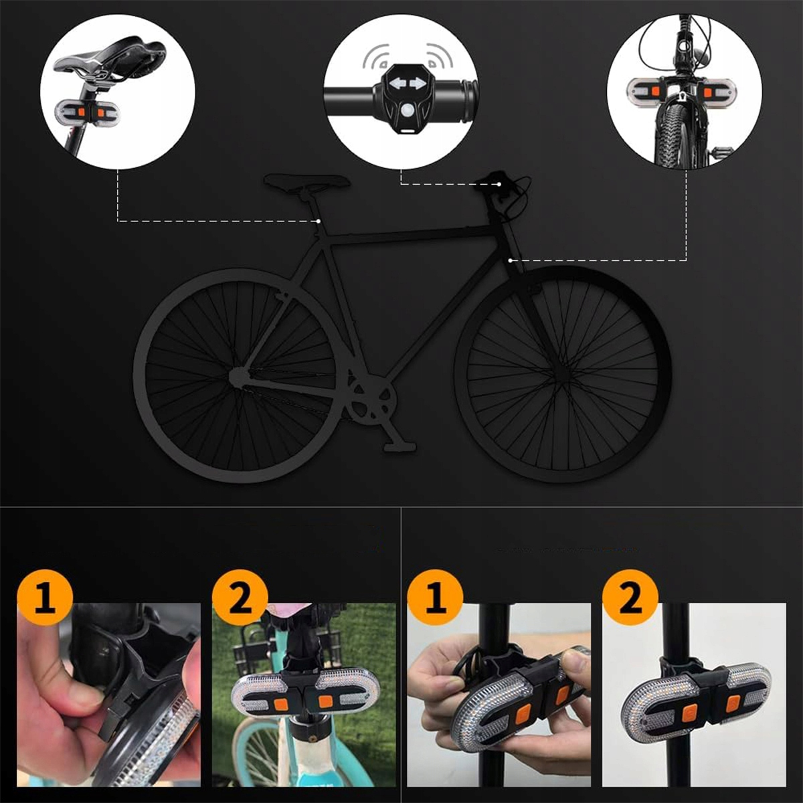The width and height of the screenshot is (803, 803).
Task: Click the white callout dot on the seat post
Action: pyautogui.click(x=319, y=221)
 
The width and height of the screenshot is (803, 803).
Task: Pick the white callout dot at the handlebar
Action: pyautogui.click(x=499, y=184)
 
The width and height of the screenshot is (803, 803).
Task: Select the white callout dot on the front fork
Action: pyautogui.click(x=511, y=260)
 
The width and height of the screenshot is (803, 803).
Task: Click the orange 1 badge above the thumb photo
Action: pyautogui.click(x=45, y=597)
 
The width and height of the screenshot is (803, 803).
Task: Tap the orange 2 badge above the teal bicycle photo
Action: pyautogui.click(x=240, y=597)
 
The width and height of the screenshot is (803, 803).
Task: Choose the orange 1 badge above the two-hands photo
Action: pyautogui.click(x=435, y=597)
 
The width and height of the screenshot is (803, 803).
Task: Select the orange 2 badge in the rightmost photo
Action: pyautogui.click(x=630, y=597)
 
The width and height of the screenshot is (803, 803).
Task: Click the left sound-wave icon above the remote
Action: pyautogui.click(x=376, y=57)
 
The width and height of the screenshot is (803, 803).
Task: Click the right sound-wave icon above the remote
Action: pyautogui.click(x=440, y=57)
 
